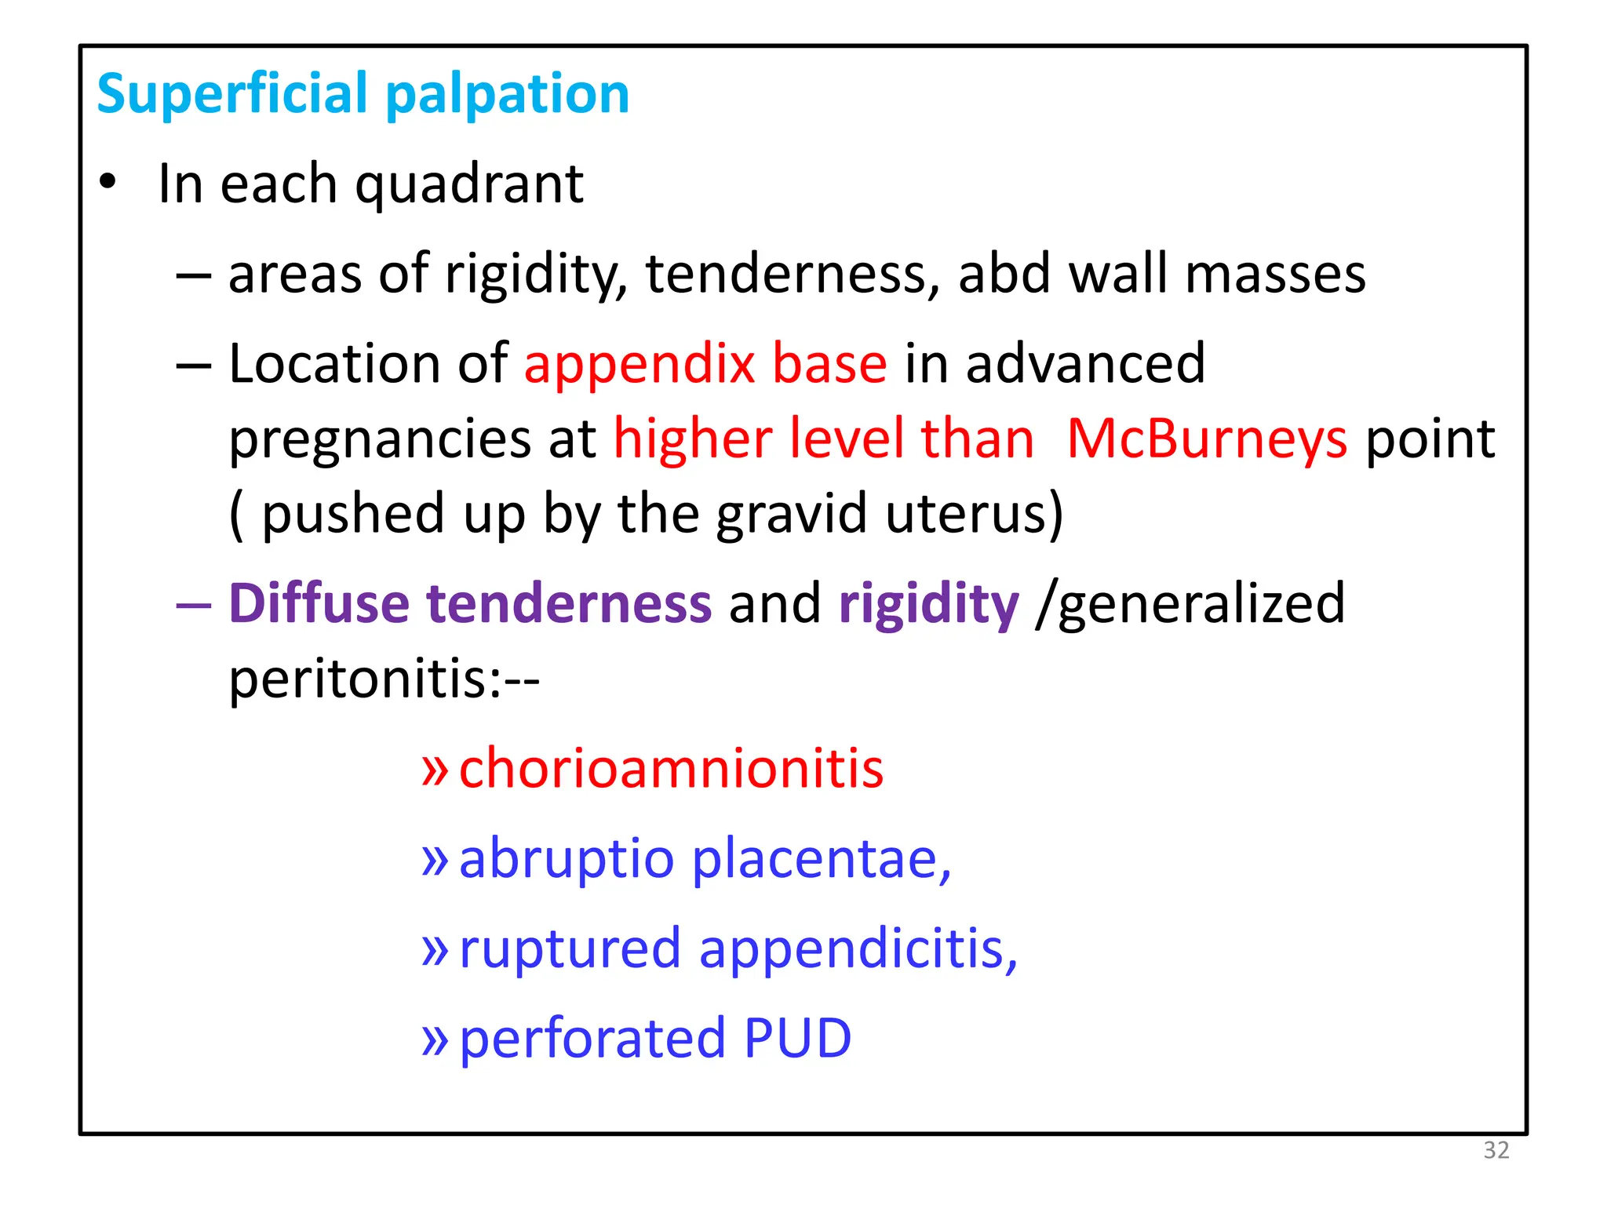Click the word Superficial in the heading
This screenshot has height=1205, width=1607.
(233, 94)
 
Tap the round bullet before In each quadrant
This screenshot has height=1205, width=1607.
(107, 182)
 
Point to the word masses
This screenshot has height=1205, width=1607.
(1275, 274)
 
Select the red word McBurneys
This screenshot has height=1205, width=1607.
(1207, 439)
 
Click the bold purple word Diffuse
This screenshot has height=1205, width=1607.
(319, 603)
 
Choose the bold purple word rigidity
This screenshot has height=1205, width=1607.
(928, 605)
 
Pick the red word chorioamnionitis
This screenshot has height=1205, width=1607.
(671, 768)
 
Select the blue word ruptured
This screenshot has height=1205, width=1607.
(570, 949)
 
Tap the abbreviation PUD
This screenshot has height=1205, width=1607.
(796, 1039)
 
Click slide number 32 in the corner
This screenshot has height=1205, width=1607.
(1496, 1150)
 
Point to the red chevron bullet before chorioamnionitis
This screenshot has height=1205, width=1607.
(434, 770)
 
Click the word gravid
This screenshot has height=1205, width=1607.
(792, 514)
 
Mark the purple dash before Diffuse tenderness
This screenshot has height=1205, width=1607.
(193, 605)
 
